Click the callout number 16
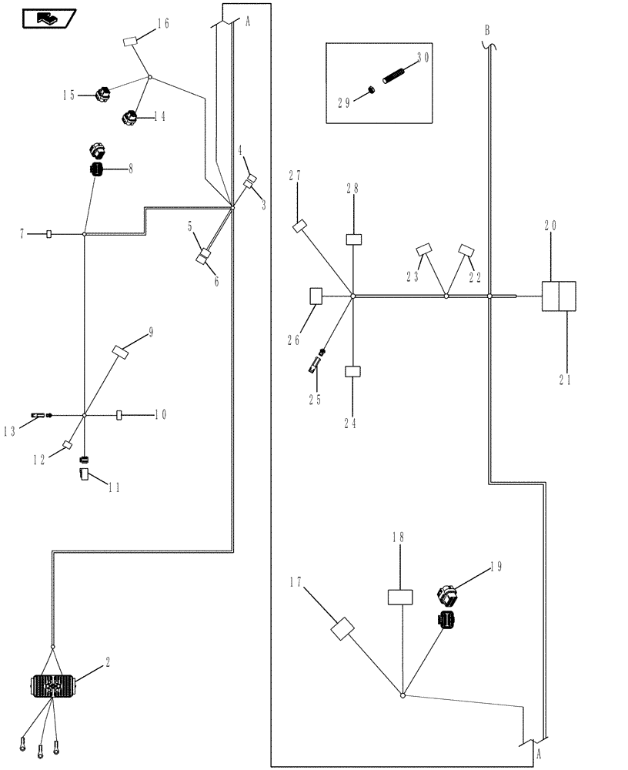tap(163, 24)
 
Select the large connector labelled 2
tap(51, 685)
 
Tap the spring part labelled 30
tap(393, 75)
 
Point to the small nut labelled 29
tap(370, 91)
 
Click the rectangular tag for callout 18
tap(400, 598)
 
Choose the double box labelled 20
tap(559, 296)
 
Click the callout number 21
tap(566, 380)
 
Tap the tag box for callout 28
tap(353, 239)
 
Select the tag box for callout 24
tap(352, 371)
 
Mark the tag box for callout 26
tap(316, 296)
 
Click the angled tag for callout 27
tap(299, 226)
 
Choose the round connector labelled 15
tap(102, 95)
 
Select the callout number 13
tap(9, 432)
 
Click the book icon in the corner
tap(48, 16)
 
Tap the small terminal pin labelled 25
tap(316, 362)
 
